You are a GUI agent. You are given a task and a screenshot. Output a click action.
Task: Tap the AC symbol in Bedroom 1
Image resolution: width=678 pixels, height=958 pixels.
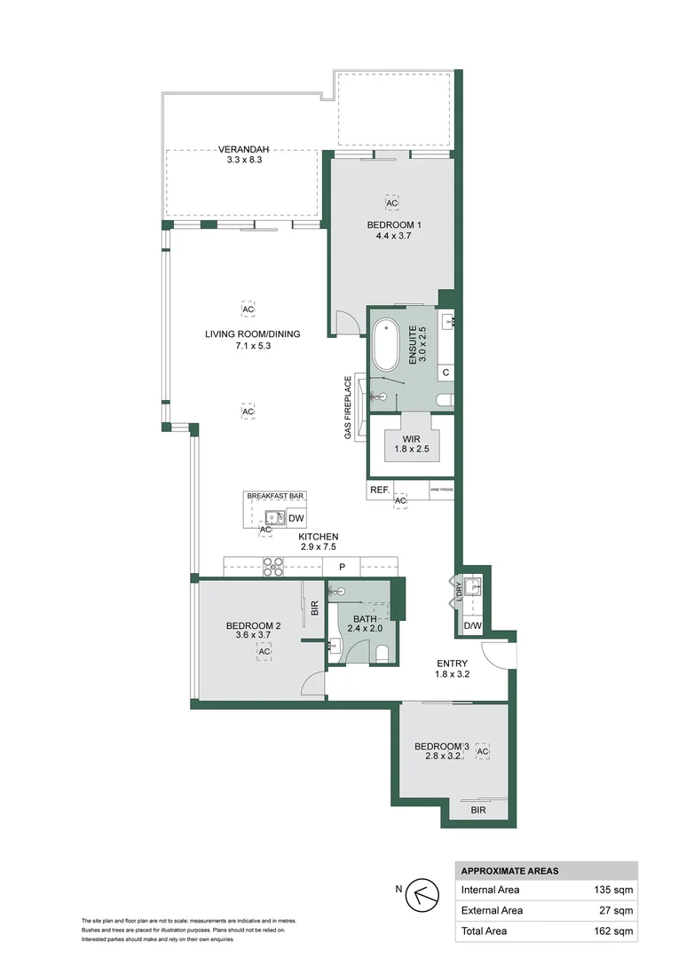tap(393, 201)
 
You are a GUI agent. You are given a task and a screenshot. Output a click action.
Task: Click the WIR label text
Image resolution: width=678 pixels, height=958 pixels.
tap(410, 438)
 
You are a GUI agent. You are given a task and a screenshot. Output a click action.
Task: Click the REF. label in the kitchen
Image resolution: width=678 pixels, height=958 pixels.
tap(379, 489)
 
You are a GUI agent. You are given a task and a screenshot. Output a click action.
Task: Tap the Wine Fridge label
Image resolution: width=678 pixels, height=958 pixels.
tap(442, 489)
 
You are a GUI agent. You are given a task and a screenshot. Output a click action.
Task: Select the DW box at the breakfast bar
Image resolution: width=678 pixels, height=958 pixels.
tap(296, 519)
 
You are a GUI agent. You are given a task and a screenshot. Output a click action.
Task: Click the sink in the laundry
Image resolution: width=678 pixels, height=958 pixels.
tap(475, 586)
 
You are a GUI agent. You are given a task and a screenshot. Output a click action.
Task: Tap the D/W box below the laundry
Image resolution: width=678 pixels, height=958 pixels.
tap(472, 626)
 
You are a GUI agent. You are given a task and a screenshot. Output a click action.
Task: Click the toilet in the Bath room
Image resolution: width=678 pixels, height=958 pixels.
tap(382, 654)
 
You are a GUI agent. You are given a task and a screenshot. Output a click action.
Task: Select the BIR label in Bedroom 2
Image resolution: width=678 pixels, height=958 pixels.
tap(314, 609)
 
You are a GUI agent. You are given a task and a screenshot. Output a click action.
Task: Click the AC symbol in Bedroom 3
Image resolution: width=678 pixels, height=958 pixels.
tap(483, 752)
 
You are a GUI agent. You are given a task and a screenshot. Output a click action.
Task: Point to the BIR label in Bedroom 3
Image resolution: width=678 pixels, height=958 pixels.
tap(478, 810)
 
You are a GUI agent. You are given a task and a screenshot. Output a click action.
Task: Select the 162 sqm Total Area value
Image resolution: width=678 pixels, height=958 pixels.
tap(612, 931)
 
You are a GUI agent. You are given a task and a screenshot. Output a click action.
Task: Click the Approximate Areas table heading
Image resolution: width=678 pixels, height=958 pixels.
tap(509, 871)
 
